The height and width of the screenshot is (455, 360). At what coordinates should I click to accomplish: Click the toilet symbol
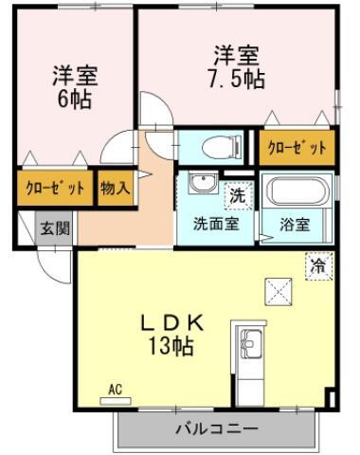(222, 147)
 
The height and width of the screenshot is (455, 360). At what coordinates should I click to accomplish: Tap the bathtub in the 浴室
(297, 190)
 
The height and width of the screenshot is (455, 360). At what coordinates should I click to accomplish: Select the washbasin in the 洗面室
(203, 182)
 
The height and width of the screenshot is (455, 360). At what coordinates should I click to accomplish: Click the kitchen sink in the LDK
(251, 342)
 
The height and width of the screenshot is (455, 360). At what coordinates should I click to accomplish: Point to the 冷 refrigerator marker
(319, 266)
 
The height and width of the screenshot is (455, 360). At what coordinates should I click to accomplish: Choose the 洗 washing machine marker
(238, 195)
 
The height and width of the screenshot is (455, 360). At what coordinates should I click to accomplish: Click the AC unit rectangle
(116, 401)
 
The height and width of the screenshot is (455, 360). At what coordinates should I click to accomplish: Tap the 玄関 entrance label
(55, 227)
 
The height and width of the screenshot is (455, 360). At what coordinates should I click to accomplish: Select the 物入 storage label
(115, 189)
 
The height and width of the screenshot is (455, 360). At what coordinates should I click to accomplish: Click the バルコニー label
(217, 429)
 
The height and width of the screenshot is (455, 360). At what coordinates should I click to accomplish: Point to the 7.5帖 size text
(236, 79)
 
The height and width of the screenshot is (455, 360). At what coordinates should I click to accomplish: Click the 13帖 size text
(171, 345)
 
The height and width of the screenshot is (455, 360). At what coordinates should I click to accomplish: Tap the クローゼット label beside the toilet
(297, 147)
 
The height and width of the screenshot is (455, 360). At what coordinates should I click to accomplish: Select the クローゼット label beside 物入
(55, 189)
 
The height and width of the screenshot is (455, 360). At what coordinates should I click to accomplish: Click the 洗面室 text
(216, 224)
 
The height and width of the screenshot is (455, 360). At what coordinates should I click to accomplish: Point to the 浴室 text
(295, 224)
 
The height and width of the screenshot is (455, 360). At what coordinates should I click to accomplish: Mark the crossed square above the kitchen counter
(279, 291)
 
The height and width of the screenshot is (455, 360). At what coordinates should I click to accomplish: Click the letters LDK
(171, 323)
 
